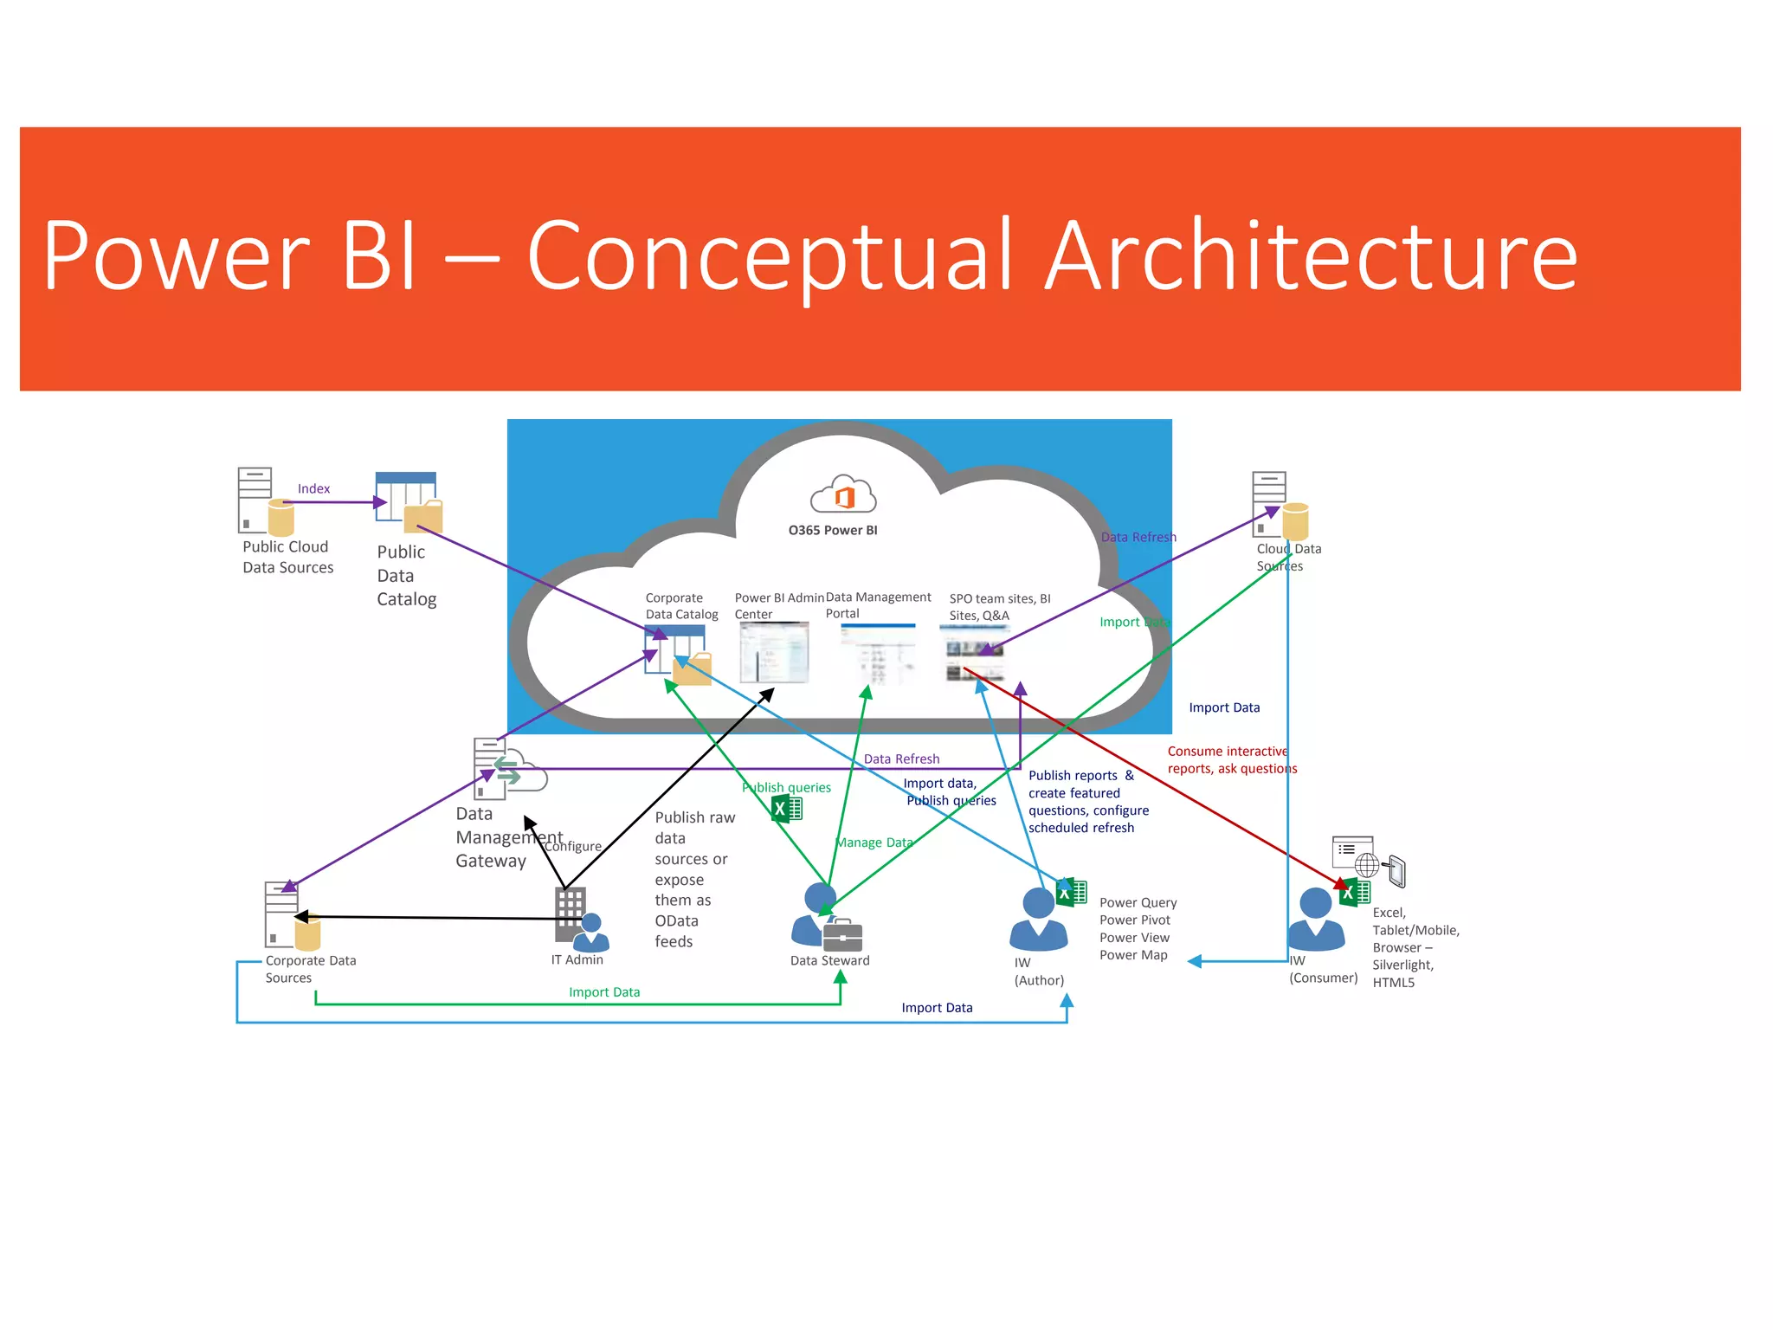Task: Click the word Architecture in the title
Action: coord(1311,255)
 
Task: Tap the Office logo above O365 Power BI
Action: coord(843,495)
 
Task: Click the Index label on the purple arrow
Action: coord(313,488)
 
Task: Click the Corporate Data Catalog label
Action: coord(680,606)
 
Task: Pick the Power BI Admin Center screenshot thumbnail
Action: coord(774,652)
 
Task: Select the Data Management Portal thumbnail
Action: coord(879,653)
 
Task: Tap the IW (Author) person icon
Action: coord(1039,920)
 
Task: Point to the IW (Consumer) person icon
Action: coord(1316,920)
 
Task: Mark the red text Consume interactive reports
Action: coord(1231,759)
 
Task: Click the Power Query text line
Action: coord(1138,902)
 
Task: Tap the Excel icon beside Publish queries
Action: coord(787,809)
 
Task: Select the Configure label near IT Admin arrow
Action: coord(573,846)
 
